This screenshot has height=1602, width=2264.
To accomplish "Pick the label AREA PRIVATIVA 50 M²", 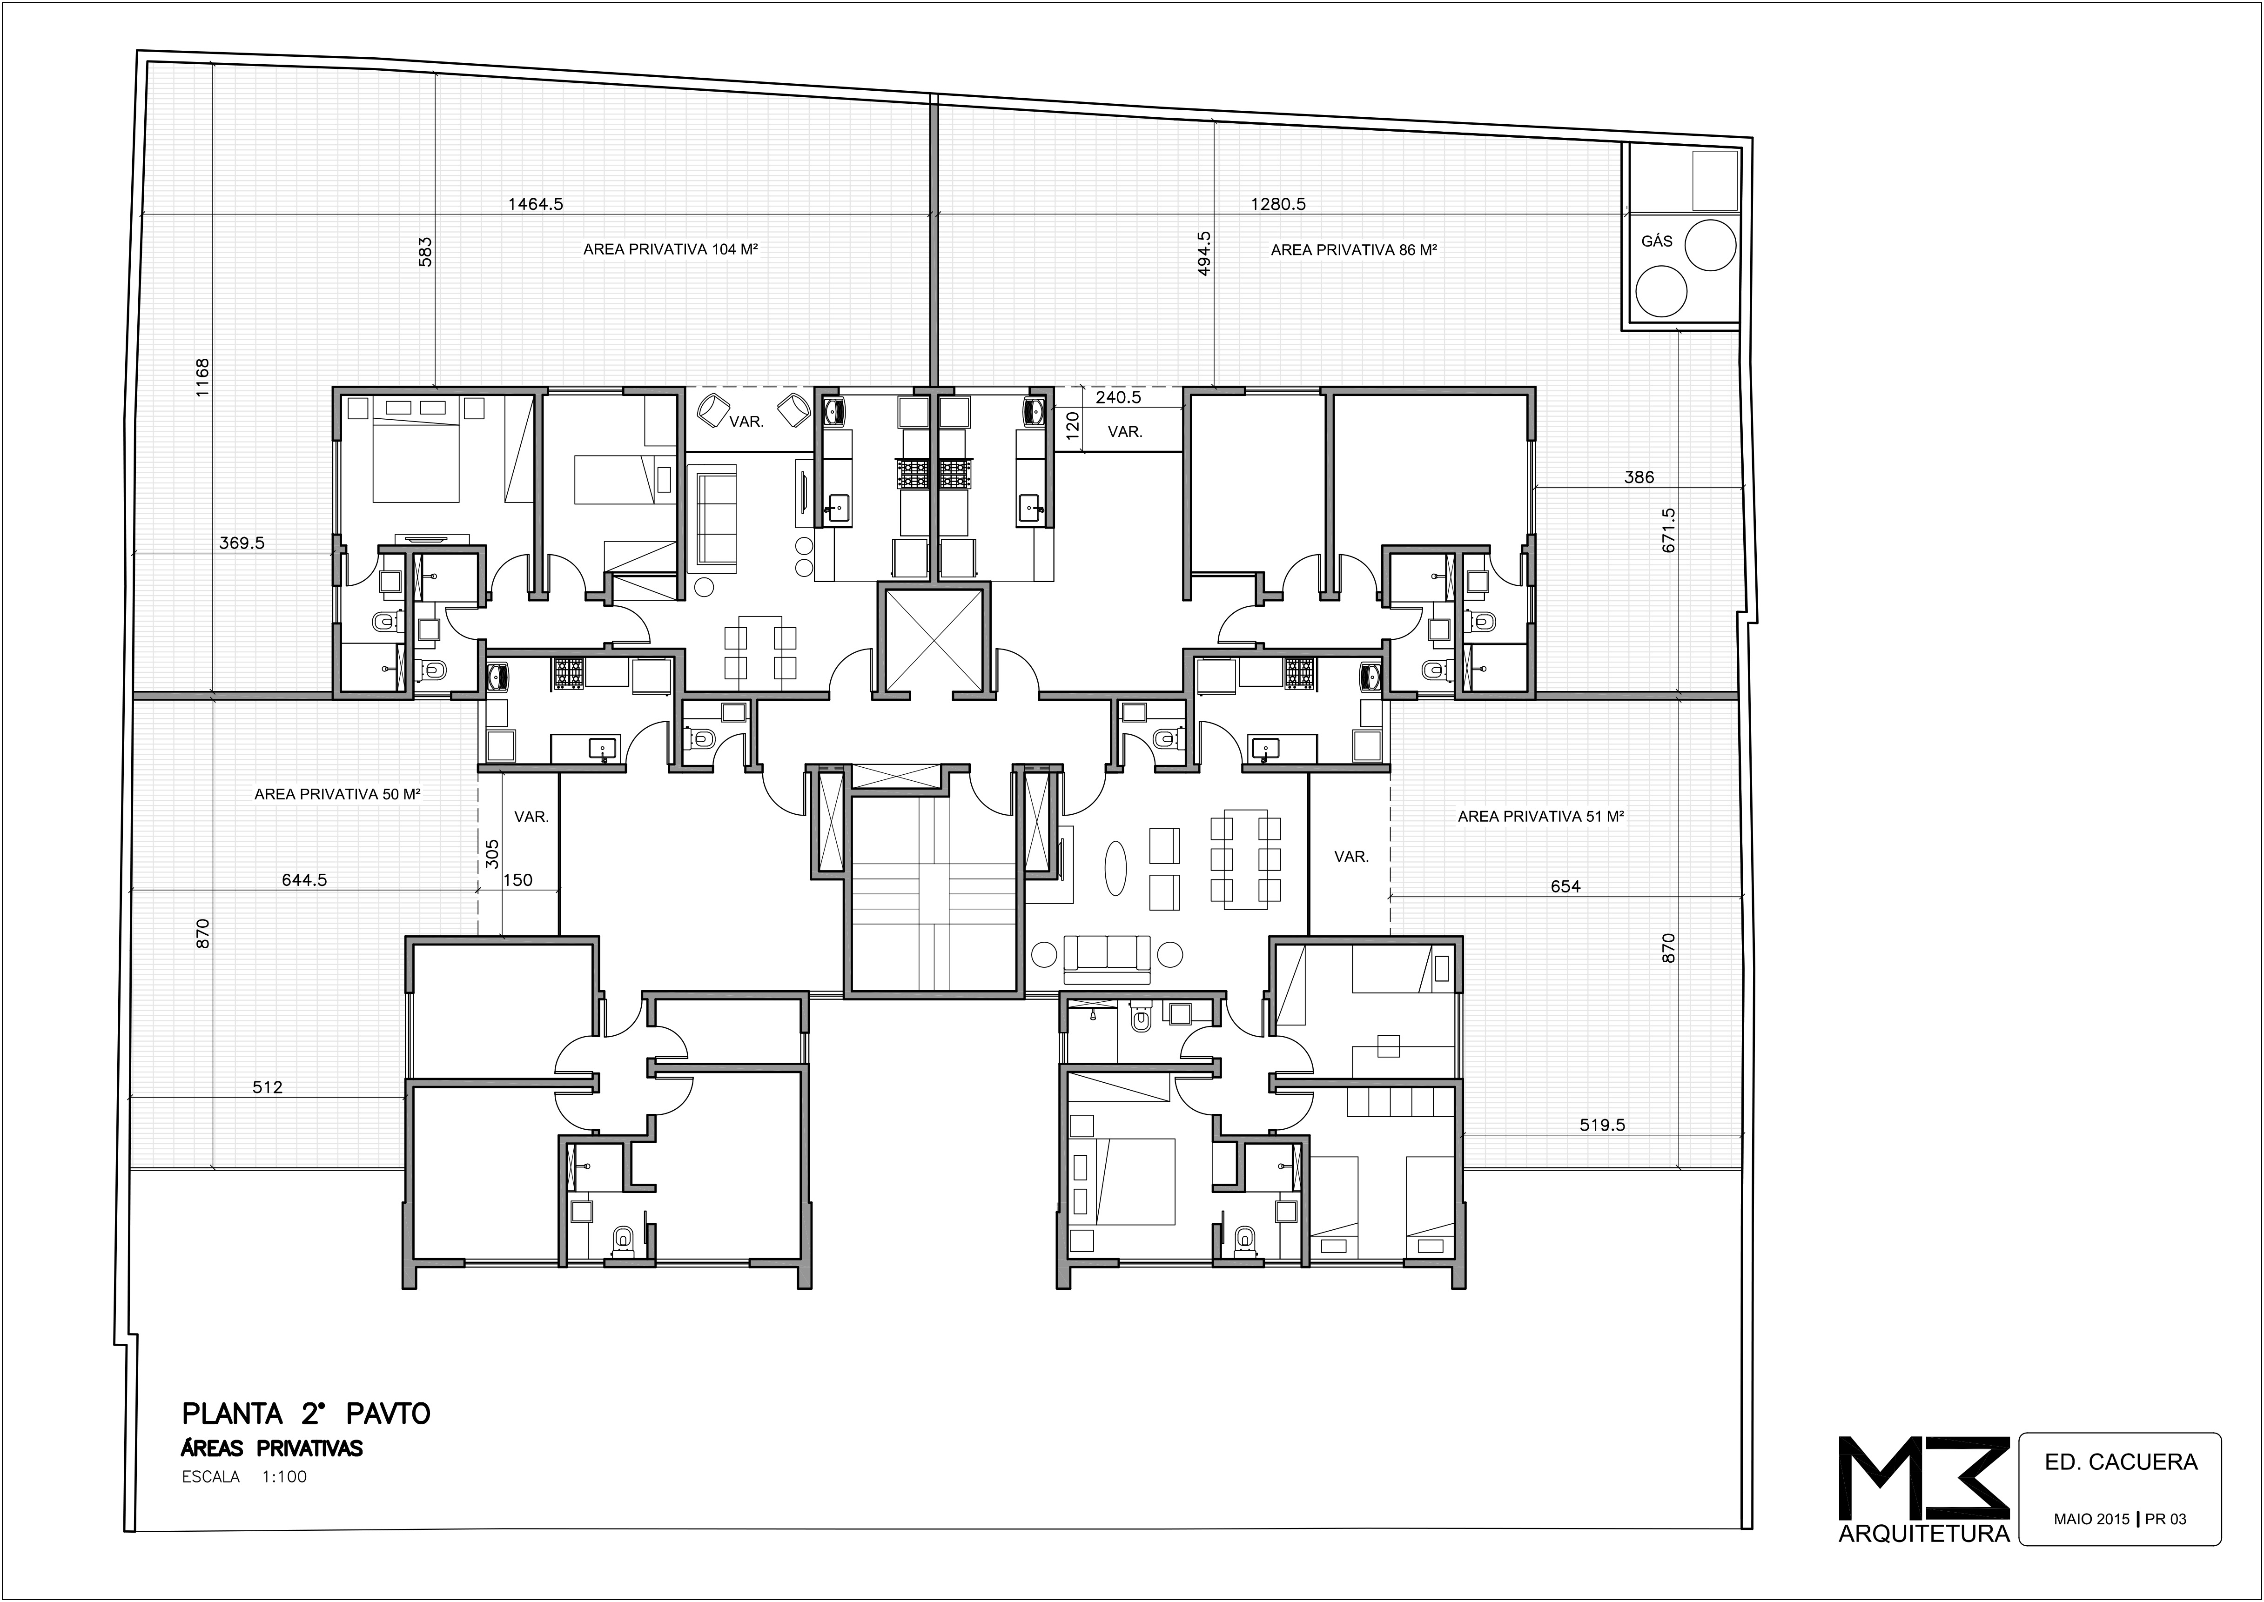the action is (x=337, y=794).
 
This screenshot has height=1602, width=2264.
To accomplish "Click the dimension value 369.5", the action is (x=242, y=543).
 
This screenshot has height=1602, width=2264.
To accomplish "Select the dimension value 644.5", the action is (x=304, y=880).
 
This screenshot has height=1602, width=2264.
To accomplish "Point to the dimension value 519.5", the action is (x=1602, y=1125).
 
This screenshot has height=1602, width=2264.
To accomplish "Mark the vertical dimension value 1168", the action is (x=202, y=377).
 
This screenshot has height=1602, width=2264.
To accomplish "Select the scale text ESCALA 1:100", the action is (x=245, y=1477).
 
